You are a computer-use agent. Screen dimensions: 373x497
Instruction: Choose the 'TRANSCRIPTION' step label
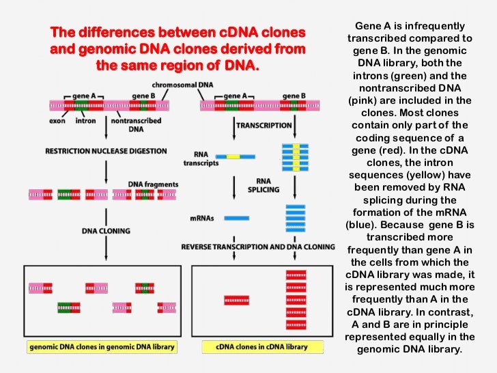coord(264,126)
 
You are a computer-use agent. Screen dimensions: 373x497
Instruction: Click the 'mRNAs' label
coord(201,218)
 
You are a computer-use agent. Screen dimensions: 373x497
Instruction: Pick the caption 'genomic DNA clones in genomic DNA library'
coord(102,347)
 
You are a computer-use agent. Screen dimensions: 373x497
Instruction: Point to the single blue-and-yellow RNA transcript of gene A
coord(233,157)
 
